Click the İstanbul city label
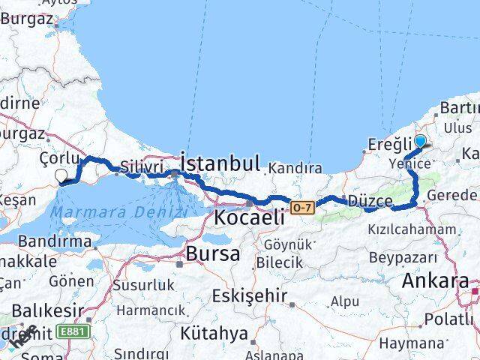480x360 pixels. click(x=220, y=163)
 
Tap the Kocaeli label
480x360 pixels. click(x=249, y=217)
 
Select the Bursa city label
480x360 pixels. click(x=213, y=253)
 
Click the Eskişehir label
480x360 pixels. click(x=249, y=295)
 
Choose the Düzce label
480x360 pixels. click(x=370, y=201)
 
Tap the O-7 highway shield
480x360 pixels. click(x=302, y=205)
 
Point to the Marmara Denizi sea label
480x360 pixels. click(x=109, y=212)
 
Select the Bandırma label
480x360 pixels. click(x=49, y=242)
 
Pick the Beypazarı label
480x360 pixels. click(x=402, y=256)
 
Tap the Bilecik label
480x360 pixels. click(x=279, y=262)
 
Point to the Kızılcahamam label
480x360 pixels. click(x=412, y=229)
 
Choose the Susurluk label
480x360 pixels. click(x=143, y=285)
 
